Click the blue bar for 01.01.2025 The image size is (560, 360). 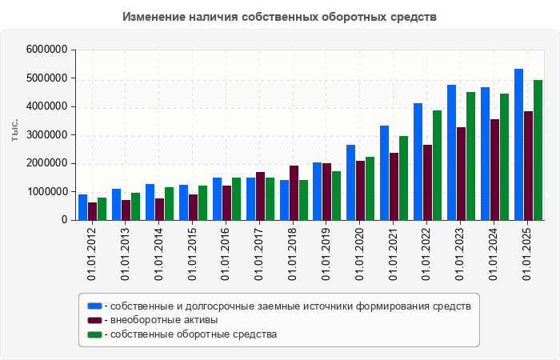pos(518,145)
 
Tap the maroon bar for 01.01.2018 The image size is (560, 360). pos(294,193)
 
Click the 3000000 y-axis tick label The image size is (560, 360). pos(46,135)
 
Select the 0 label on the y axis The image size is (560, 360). pos(62,220)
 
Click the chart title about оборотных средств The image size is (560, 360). pos(280,17)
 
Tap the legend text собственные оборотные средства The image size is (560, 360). pos(194,334)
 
